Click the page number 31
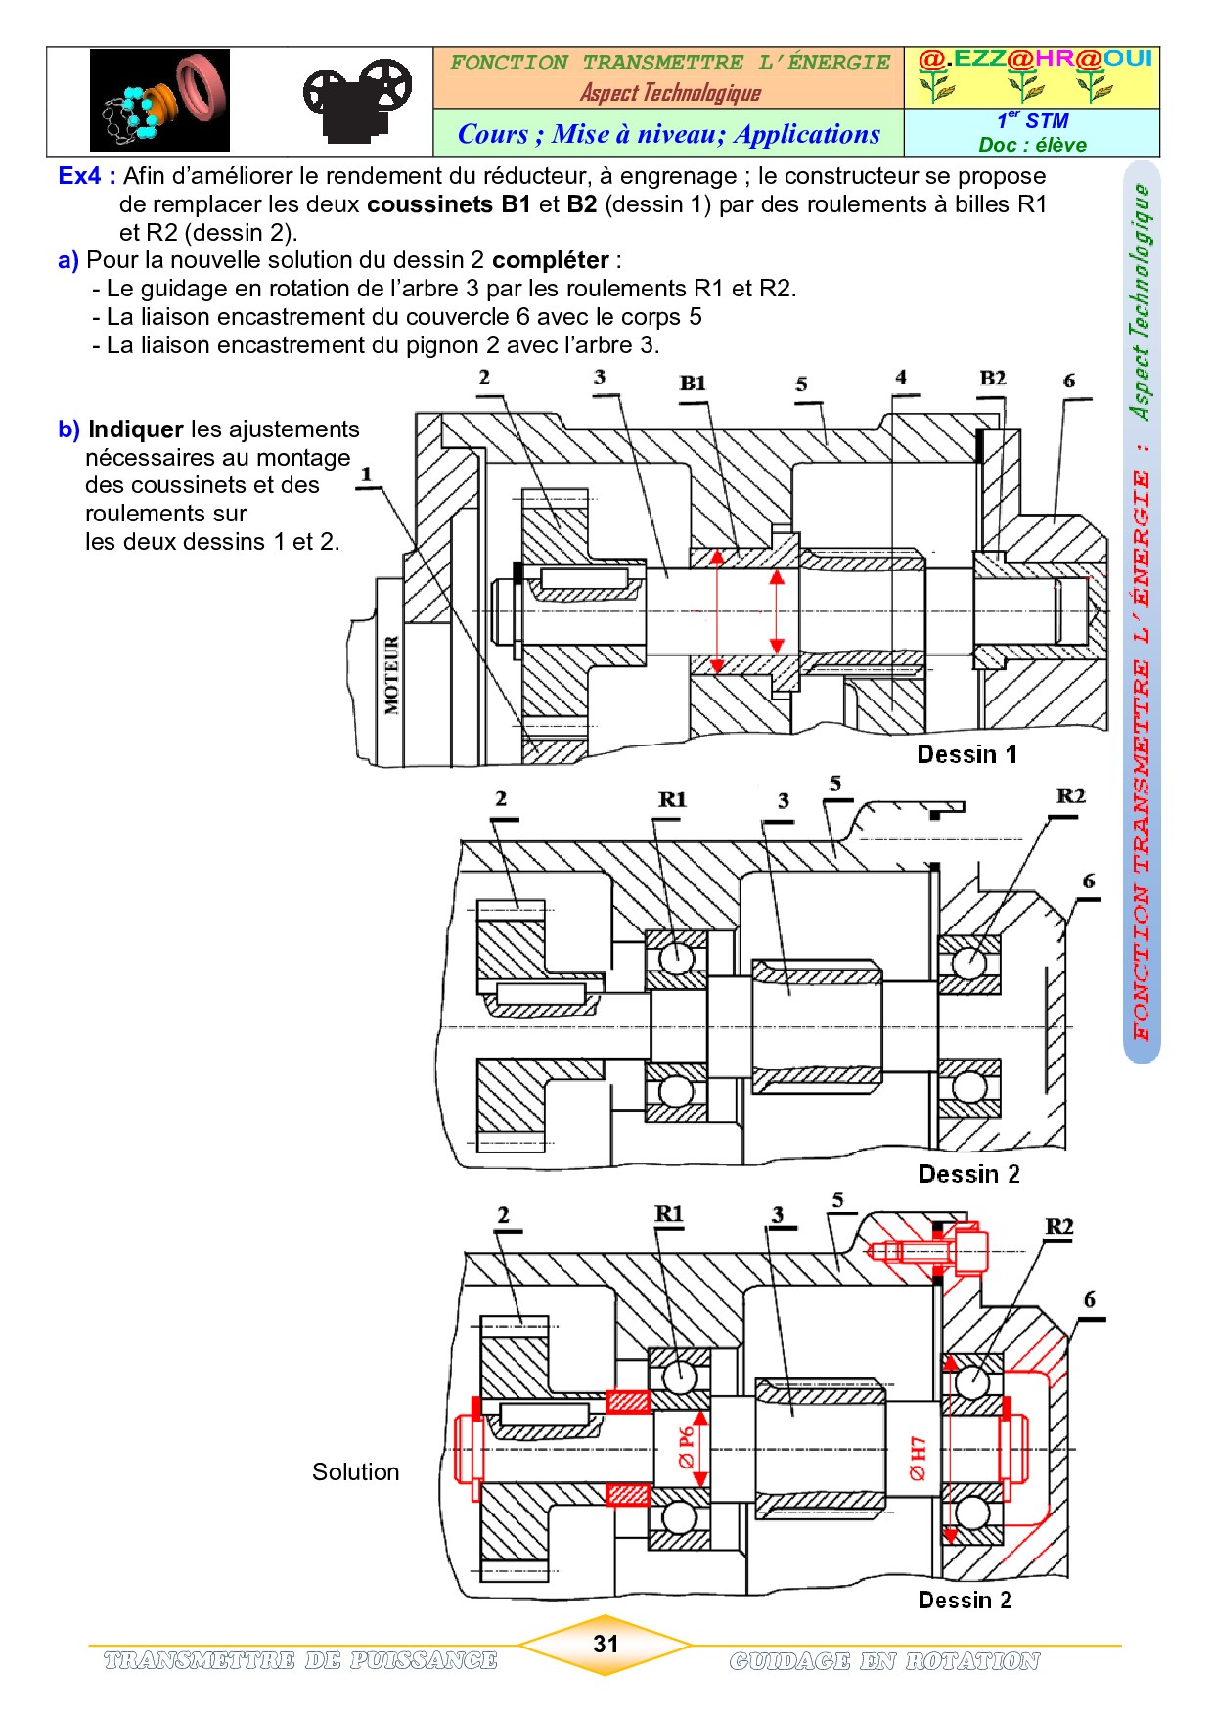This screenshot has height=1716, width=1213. coord(606,1644)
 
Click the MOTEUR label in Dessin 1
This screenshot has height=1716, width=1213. coord(392,675)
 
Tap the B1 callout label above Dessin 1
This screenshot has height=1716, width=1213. coord(693,383)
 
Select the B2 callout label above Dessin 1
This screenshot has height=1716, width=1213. coord(992,378)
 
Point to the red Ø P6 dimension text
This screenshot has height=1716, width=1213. coord(687,1447)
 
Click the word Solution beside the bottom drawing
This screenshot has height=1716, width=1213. coord(355,1472)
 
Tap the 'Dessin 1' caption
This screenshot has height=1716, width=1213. coord(966,754)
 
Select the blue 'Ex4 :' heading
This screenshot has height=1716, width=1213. coord(87,176)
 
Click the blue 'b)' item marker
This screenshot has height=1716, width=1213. coord(68,429)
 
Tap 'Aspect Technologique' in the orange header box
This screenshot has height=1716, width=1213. coord(670,93)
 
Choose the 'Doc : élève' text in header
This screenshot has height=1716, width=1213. coord(1032,145)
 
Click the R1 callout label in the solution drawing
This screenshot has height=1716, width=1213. coord(669,1214)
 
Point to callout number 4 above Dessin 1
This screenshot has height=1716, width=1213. coord(901,377)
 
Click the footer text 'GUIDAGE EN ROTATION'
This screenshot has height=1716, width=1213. coord(884,1661)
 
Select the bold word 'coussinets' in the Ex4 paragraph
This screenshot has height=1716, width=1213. coord(429,204)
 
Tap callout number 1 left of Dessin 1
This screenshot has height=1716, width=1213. coord(367,474)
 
